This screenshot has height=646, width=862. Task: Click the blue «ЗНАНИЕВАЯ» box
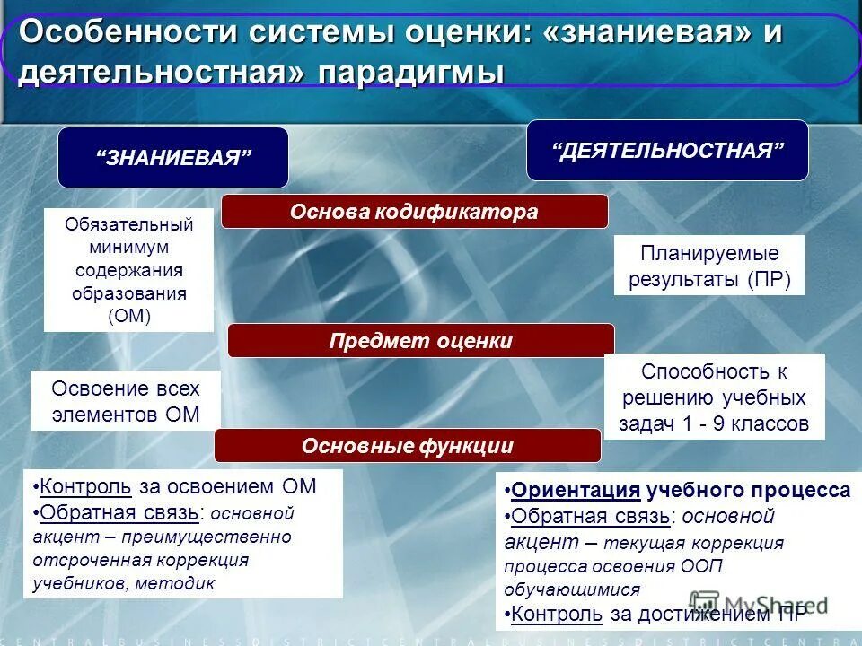[x=173, y=158]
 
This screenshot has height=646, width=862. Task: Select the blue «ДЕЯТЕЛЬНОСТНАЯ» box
[x=667, y=150]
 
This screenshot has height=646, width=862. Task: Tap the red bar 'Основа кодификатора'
[x=414, y=212]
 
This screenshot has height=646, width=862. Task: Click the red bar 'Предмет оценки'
[x=420, y=341]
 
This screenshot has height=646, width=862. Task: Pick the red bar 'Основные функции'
[x=407, y=446]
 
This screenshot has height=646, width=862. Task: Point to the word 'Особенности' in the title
[x=128, y=32]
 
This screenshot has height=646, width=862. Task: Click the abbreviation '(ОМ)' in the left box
[x=128, y=316]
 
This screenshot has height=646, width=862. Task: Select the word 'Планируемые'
[x=708, y=253]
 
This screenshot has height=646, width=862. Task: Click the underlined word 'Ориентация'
[x=576, y=491]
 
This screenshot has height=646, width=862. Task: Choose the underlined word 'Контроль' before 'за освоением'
[x=86, y=486]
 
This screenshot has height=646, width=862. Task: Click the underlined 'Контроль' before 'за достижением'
[x=557, y=615]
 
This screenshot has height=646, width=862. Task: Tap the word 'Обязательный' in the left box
[x=128, y=223]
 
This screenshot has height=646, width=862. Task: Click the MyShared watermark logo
[x=759, y=604]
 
